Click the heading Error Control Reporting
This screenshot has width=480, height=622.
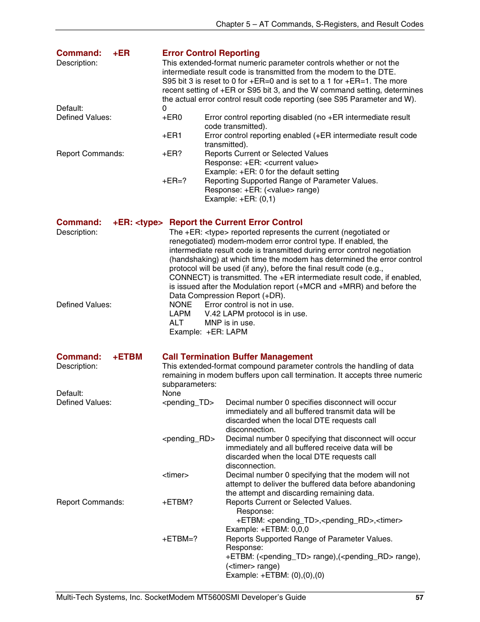(x=211, y=53)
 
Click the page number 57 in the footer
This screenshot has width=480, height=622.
(x=419, y=597)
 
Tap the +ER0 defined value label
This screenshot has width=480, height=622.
(x=172, y=117)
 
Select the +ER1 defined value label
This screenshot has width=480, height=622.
(x=172, y=135)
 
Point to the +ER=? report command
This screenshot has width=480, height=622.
(x=174, y=181)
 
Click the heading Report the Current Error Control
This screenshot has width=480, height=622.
(x=235, y=222)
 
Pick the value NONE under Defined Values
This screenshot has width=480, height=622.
(x=181, y=305)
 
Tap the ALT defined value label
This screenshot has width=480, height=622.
(x=177, y=323)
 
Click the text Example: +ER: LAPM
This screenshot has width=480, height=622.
(x=208, y=332)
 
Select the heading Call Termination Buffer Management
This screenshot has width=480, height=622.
(x=237, y=357)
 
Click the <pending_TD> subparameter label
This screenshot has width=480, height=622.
(x=188, y=402)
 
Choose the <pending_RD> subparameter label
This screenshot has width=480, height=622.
(x=189, y=439)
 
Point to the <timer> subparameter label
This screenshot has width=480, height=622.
(x=176, y=475)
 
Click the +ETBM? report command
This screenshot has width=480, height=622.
(x=178, y=502)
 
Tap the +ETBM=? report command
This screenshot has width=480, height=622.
(x=180, y=539)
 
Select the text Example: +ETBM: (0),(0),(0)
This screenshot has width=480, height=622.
(x=275, y=575)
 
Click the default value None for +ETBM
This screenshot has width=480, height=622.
(x=172, y=393)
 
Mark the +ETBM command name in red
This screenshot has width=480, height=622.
(x=127, y=357)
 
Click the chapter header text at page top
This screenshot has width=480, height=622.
(x=319, y=24)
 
